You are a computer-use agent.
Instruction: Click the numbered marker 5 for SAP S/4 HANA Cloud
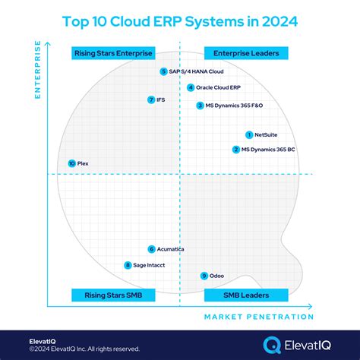click(x=163, y=71)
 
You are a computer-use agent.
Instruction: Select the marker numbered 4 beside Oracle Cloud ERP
click(x=190, y=87)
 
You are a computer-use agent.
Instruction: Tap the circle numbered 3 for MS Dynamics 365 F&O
click(x=200, y=106)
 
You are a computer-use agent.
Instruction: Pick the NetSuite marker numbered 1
click(x=249, y=134)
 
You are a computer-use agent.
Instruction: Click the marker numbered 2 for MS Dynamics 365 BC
click(x=236, y=150)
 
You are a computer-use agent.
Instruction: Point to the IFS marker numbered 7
click(x=151, y=99)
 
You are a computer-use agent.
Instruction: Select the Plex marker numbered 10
click(x=71, y=163)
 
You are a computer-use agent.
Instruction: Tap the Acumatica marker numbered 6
click(x=151, y=249)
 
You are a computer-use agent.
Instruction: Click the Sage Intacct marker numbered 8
click(x=128, y=265)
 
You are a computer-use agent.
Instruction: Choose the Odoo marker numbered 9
click(x=204, y=276)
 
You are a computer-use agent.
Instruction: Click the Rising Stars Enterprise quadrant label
click(x=113, y=52)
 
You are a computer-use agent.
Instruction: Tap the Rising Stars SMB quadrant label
click(x=113, y=295)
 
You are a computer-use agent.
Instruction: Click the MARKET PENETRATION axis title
click(x=258, y=317)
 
